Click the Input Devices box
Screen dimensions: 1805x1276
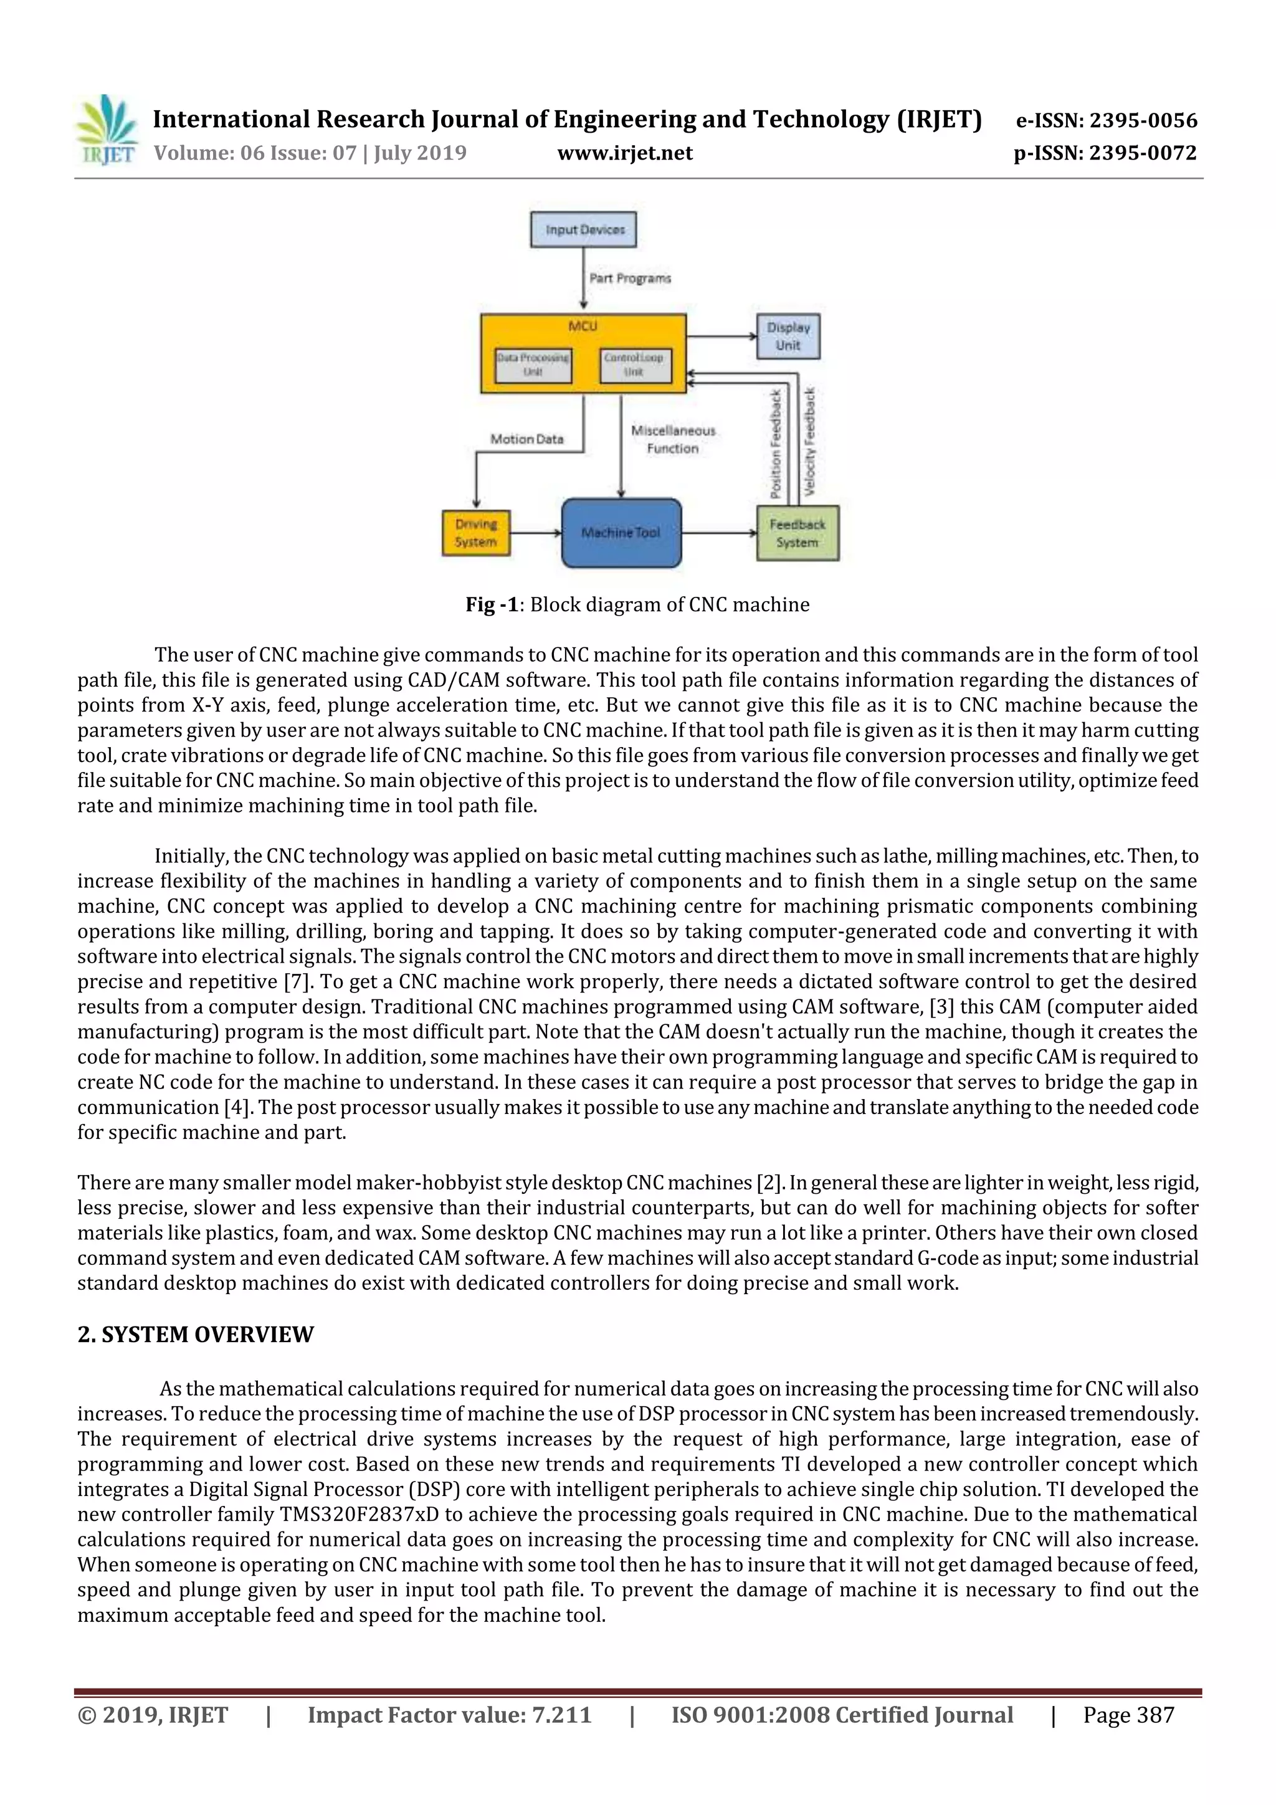583,229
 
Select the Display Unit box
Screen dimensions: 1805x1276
788,336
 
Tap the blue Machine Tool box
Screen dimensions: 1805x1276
621,532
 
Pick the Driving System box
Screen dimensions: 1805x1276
475,533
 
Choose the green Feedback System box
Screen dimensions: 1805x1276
797,533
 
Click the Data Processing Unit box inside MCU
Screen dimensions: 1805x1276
533,364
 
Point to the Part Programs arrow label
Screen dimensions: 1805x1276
631,279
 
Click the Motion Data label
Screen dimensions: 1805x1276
526,439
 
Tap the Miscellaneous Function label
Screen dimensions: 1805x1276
673,439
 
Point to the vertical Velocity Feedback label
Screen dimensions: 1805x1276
810,442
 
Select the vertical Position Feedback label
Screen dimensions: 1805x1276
776,444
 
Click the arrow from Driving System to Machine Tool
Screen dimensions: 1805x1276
535,533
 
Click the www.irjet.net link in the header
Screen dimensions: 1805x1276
625,153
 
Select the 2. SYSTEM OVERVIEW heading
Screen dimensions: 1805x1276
196,1334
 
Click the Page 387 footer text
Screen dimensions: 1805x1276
1128,1715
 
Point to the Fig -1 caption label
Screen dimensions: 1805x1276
492,604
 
